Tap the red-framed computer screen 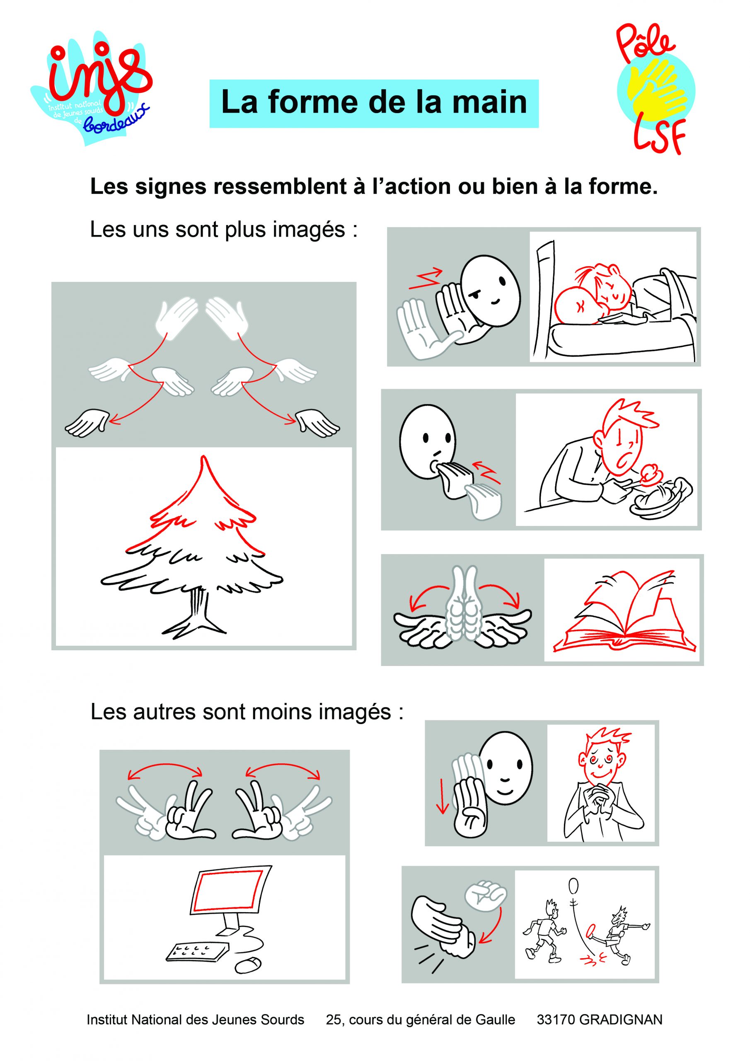point(228,889)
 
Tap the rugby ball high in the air point(573,885)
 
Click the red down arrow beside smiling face point(443,796)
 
